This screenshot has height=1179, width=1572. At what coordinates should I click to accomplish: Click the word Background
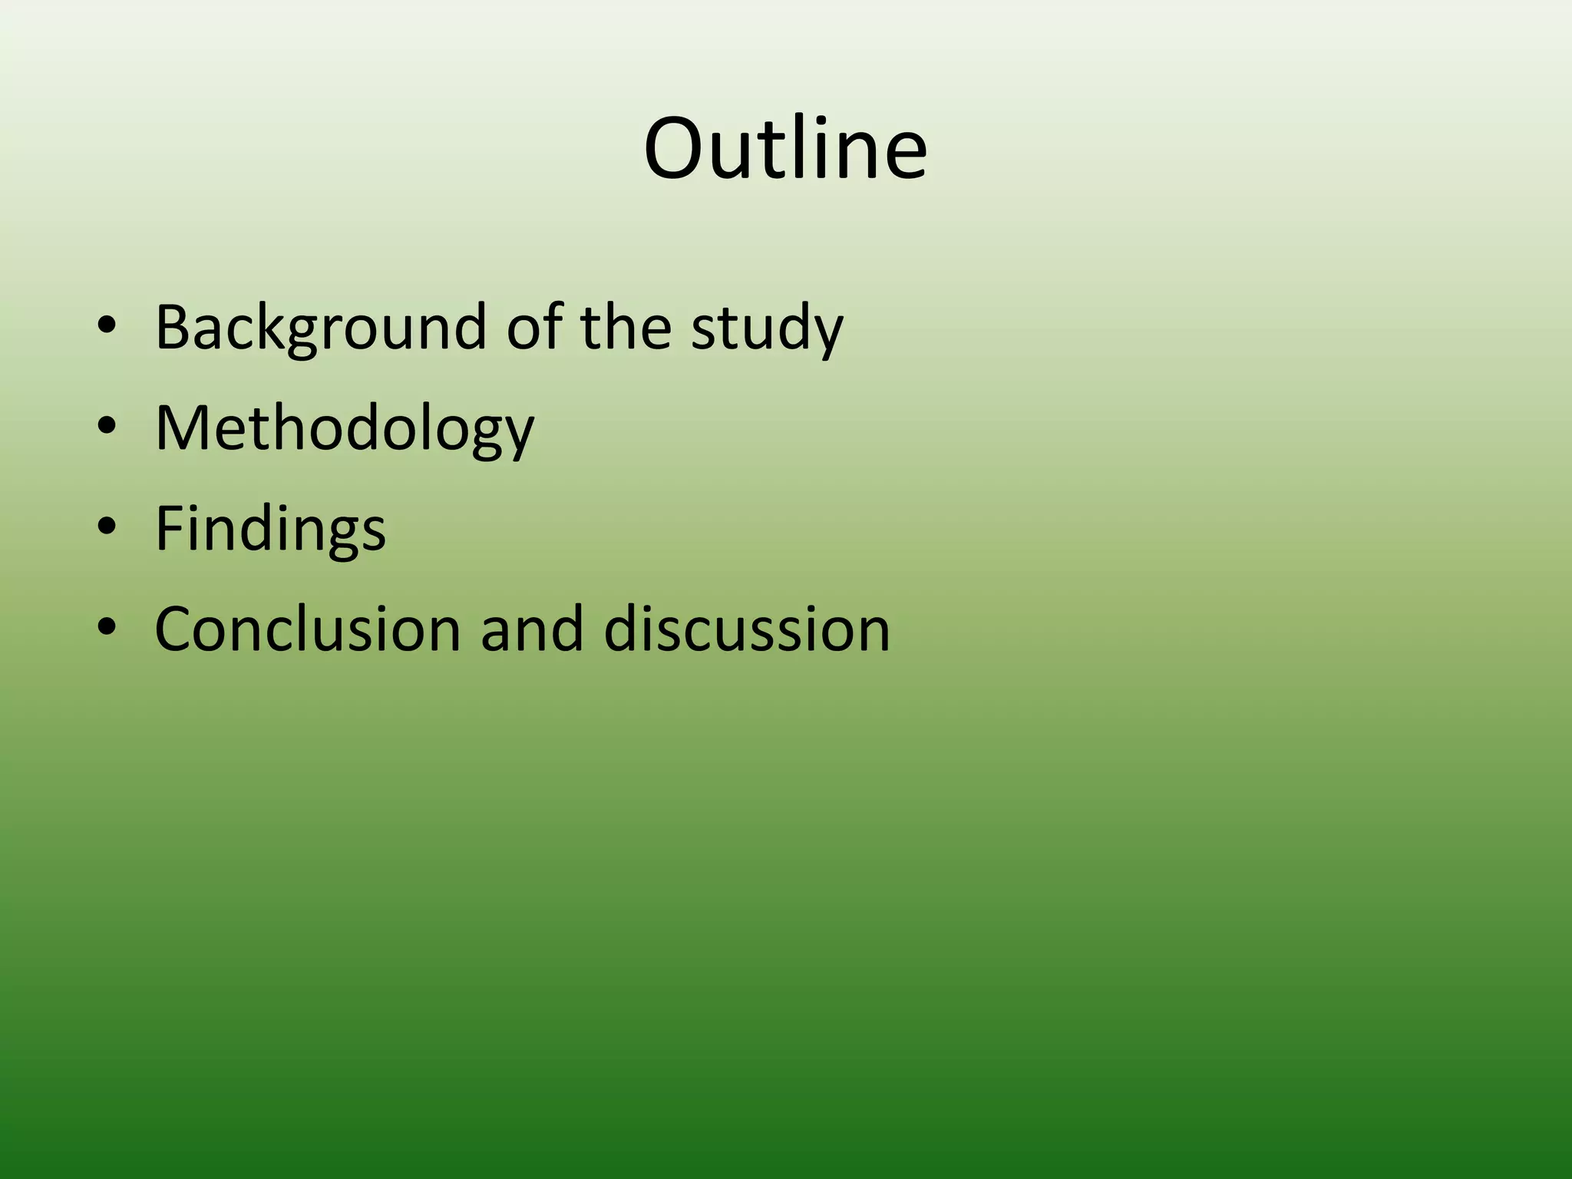pyautogui.click(x=320, y=327)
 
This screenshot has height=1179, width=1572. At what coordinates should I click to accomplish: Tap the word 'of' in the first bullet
pyautogui.click(x=534, y=327)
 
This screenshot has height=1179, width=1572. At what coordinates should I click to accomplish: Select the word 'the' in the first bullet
pyautogui.click(x=626, y=327)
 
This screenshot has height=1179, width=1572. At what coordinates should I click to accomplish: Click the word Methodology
pyautogui.click(x=344, y=428)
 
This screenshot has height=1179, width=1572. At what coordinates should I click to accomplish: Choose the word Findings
pyautogui.click(x=270, y=529)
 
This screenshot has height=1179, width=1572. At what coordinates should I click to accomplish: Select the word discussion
pyautogui.click(x=746, y=629)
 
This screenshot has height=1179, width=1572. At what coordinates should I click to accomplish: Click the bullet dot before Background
pyautogui.click(x=107, y=327)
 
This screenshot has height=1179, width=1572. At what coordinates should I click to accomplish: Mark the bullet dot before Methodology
pyautogui.click(x=107, y=428)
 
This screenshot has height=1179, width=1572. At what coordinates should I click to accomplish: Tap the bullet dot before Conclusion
pyautogui.click(x=107, y=629)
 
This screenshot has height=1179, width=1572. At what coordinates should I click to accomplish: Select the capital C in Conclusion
pyautogui.click(x=176, y=629)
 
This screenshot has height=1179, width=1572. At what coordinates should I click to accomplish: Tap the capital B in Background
pyautogui.click(x=172, y=327)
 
